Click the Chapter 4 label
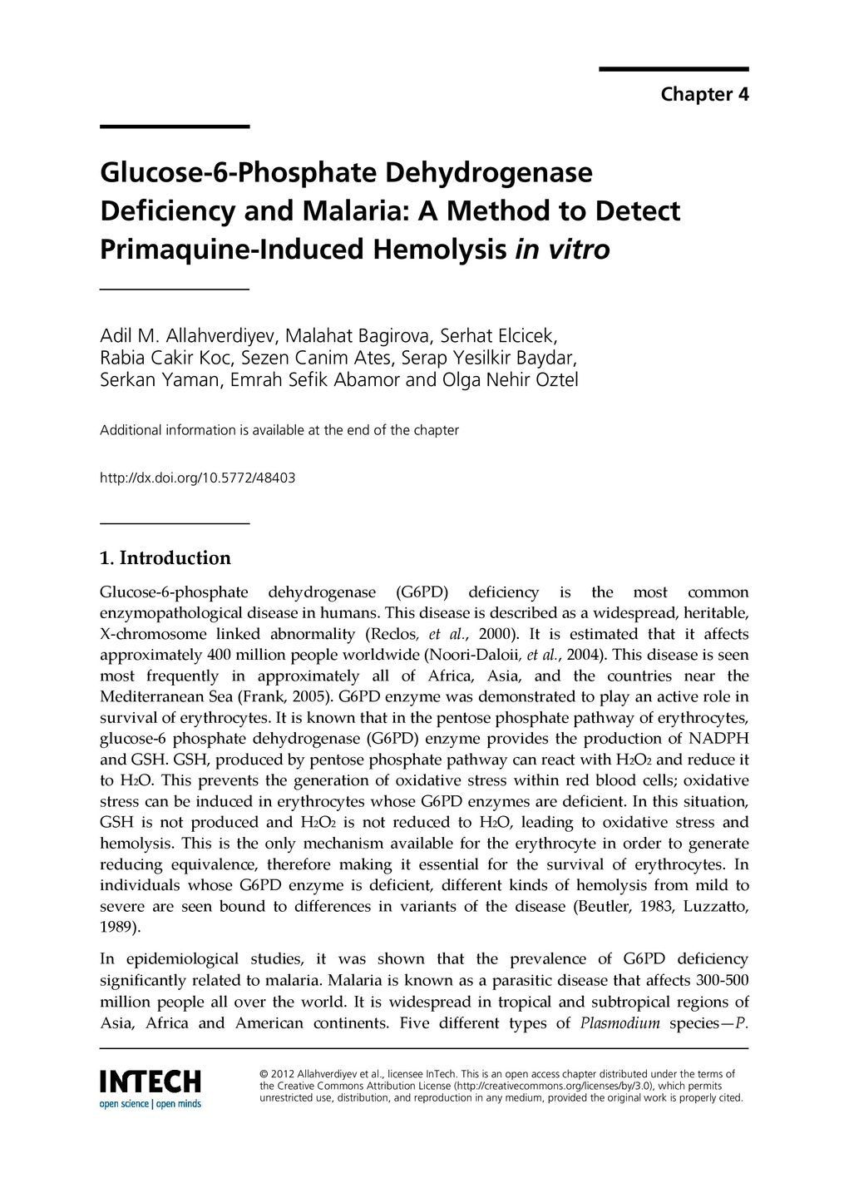704,94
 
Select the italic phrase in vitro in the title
563,249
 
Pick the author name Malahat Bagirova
358,336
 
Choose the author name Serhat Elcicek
499,336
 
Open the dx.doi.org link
197,478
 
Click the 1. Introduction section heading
165,557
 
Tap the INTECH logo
151,1081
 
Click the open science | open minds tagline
151,1104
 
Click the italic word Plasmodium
619,1022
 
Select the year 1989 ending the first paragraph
117,927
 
